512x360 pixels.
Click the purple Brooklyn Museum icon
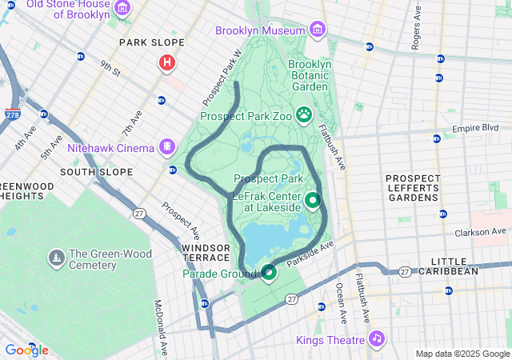318,30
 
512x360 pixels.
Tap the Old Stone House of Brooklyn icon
122,9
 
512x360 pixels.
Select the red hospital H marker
167,62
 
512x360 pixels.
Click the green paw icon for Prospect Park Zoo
304,115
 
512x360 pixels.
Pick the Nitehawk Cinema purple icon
166,147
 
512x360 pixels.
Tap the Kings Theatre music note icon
376,339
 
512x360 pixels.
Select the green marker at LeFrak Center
312,200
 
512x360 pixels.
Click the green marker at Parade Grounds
269,274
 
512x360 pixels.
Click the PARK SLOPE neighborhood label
151,42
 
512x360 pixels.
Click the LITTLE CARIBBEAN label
454,266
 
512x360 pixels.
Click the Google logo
26,350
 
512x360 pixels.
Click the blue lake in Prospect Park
276,240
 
